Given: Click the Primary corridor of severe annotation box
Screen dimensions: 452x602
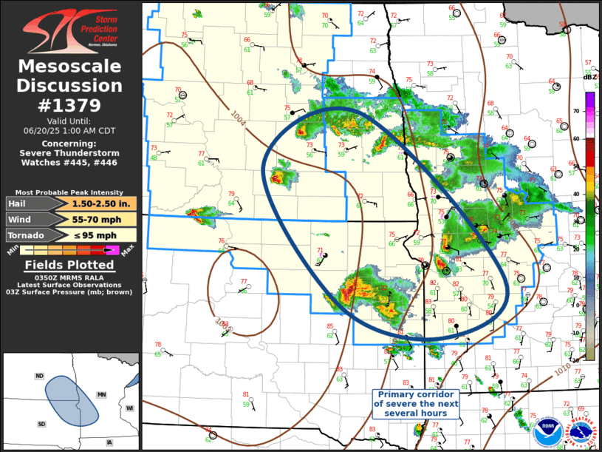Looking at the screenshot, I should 416,404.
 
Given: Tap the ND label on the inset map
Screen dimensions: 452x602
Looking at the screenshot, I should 39,376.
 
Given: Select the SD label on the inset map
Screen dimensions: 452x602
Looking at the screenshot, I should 42,424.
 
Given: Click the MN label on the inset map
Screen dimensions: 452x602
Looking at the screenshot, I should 101,396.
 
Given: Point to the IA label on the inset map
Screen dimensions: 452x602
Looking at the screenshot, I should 109,442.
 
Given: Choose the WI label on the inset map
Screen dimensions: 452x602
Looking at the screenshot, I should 129,408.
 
